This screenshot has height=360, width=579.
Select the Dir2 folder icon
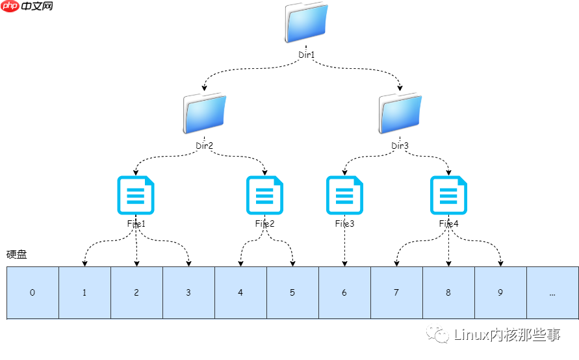point(205,114)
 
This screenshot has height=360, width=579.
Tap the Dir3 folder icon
point(400,114)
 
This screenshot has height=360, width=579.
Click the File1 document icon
point(136,195)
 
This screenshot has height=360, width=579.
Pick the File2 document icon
point(265,195)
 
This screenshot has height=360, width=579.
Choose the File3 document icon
point(344,195)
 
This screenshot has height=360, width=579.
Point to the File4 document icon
point(448,195)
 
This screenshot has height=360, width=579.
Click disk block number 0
point(32,292)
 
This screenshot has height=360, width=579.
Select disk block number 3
point(188,292)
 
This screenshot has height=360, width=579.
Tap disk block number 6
point(344,292)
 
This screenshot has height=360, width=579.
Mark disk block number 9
point(500,292)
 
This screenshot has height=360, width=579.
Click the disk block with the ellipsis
point(552,292)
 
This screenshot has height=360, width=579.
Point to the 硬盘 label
point(17,255)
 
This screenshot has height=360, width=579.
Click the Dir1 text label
point(306,55)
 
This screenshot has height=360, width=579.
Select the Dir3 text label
point(400,146)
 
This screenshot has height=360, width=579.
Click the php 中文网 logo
point(27,6)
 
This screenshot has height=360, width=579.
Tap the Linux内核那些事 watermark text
point(507,335)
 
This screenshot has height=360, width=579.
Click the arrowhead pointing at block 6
point(344,263)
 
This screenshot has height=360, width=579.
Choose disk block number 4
point(240,292)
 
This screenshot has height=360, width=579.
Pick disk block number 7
point(396,292)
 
